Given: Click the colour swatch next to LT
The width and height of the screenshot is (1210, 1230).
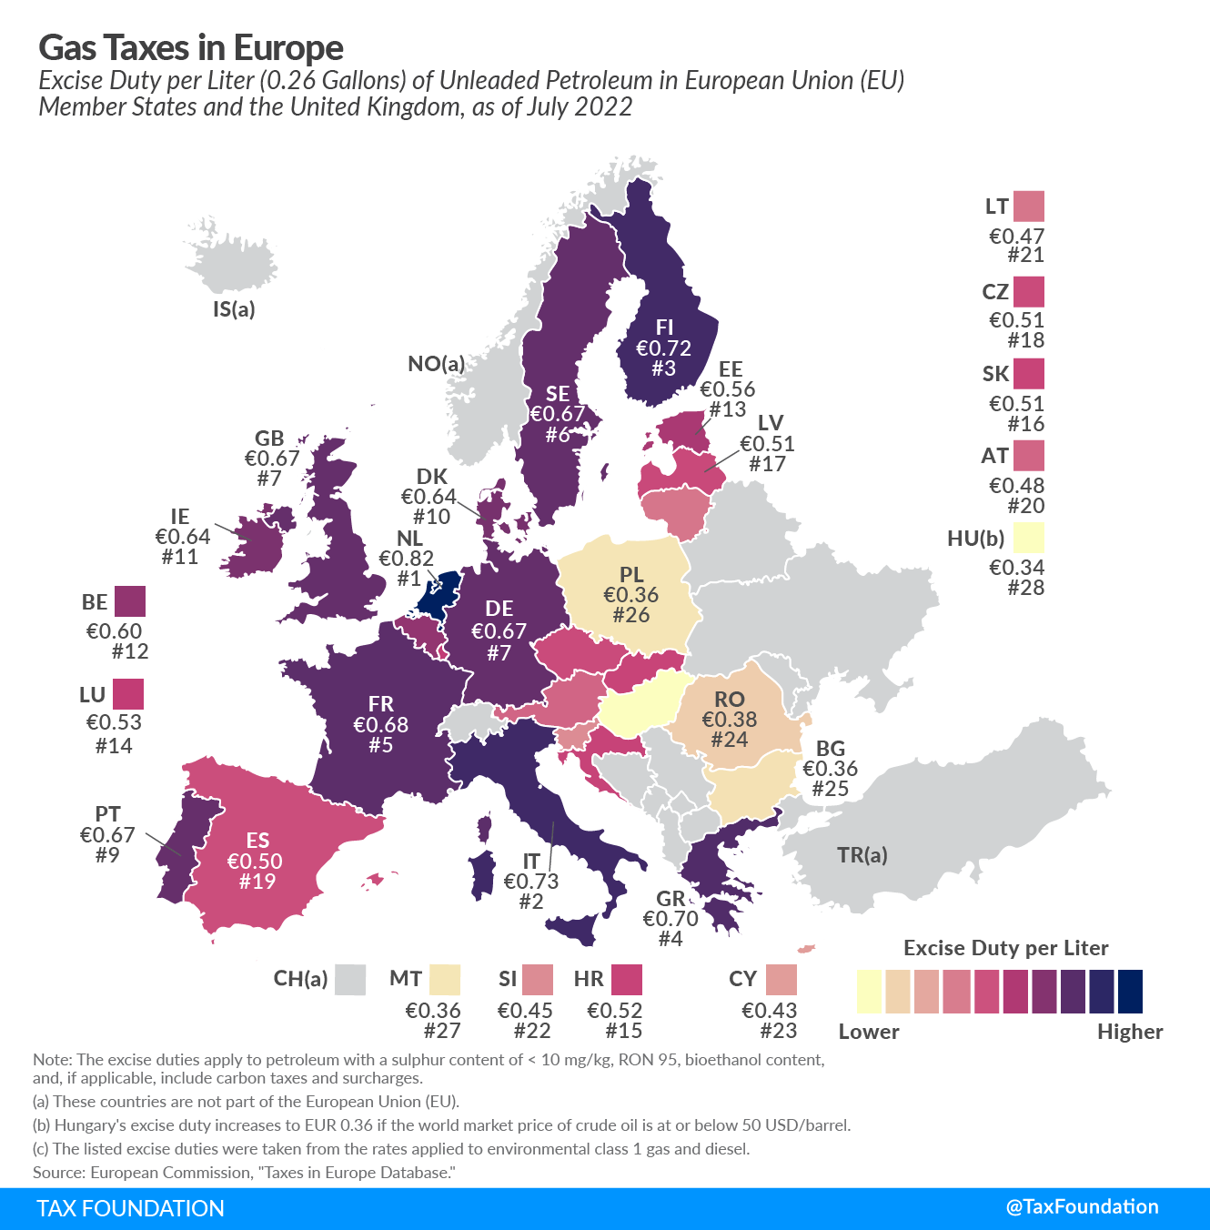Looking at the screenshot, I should pyautogui.click(x=1029, y=207).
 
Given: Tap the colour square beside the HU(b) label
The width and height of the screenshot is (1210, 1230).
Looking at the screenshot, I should pyautogui.click(x=1029, y=538).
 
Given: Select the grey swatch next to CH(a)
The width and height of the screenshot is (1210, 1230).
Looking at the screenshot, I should pyautogui.click(x=350, y=980).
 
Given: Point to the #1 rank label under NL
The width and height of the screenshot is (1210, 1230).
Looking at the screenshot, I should pyautogui.click(x=408, y=579).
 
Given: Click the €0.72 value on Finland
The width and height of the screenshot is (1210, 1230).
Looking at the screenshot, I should pyautogui.click(x=663, y=348).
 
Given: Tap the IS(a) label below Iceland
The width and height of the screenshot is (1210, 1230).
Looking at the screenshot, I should pyautogui.click(x=234, y=309).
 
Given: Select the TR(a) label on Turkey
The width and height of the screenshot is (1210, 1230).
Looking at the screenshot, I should pyautogui.click(x=862, y=855).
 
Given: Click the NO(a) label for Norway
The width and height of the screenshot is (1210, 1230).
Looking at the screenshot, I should pyautogui.click(x=436, y=365).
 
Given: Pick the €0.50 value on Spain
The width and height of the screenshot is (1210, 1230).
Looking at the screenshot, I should pyautogui.click(x=255, y=862).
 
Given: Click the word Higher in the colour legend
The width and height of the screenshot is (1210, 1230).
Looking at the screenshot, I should pyautogui.click(x=1130, y=1032).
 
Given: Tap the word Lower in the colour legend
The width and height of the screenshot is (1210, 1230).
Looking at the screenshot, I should pyautogui.click(x=869, y=1032).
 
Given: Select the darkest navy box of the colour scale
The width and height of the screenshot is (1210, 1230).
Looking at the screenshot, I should pyautogui.click(x=1130, y=992).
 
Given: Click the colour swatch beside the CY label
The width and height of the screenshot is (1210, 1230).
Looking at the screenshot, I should pyautogui.click(x=781, y=980).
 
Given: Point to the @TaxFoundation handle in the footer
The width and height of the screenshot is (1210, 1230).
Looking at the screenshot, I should pyautogui.click(x=1082, y=1207).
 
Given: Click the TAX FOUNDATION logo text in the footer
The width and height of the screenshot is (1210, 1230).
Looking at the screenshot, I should pyautogui.click(x=130, y=1208).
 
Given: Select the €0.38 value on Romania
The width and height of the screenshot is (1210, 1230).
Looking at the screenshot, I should pyautogui.click(x=729, y=720).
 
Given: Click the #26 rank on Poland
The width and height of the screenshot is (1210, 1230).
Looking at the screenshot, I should pyautogui.click(x=630, y=615).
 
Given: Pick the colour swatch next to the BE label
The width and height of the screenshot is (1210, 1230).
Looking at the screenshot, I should pyautogui.click(x=130, y=601).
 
